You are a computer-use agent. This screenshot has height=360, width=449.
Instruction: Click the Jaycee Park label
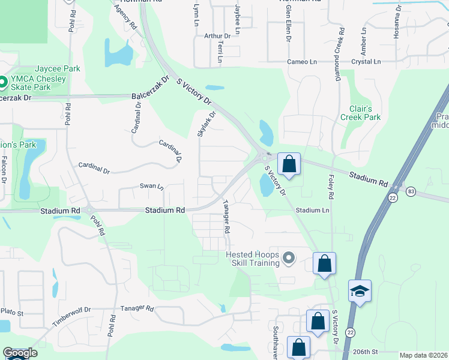[57, 69]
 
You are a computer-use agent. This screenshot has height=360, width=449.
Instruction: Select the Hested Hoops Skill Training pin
[289, 259]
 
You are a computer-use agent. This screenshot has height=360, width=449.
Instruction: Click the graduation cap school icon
[360, 291]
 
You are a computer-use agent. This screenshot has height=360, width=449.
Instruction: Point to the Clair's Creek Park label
[361, 113]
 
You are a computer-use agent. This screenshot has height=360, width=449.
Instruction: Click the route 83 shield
[411, 191]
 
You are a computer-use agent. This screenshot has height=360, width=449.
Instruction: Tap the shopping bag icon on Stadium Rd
[289, 163]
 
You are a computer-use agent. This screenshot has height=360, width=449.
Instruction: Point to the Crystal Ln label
[366, 62]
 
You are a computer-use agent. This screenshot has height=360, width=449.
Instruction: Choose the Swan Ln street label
[151, 187]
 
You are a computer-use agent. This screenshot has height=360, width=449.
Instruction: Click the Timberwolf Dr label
[71, 316]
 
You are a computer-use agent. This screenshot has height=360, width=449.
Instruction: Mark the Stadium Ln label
[312, 211]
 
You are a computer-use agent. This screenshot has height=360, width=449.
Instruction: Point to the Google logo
[20, 353]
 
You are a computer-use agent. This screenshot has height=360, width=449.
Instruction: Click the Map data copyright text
[423, 355]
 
